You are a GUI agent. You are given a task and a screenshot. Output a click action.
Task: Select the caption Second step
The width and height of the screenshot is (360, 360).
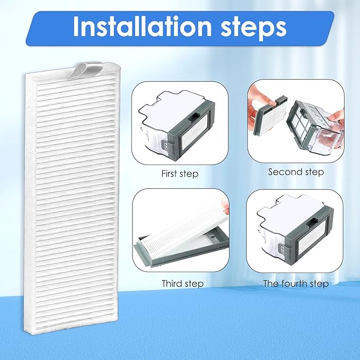295,172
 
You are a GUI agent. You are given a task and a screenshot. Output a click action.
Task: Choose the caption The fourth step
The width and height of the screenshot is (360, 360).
296,284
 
